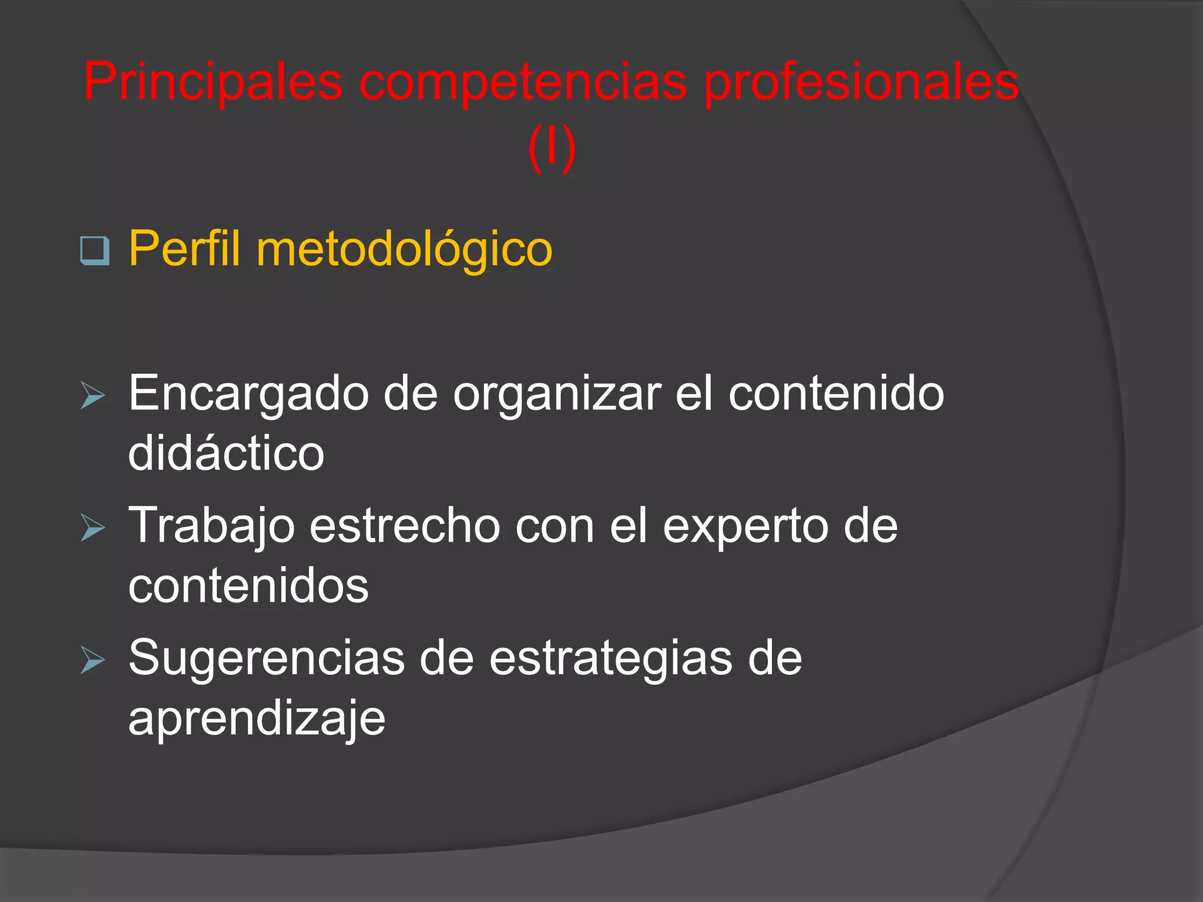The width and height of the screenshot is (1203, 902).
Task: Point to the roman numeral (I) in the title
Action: click(551, 149)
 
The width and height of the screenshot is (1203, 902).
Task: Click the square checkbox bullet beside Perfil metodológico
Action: click(95, 251)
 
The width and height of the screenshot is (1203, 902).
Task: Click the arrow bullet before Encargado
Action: click(93, 395)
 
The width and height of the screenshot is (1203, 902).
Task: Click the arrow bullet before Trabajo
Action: click(93, 527)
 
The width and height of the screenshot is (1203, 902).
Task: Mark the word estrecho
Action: click(405, 526)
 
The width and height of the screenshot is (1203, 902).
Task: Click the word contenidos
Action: click(248, 585)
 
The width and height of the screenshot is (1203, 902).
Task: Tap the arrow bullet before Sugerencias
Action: click(93, 659)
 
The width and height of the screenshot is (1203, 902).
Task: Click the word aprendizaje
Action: click(257, 719)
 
